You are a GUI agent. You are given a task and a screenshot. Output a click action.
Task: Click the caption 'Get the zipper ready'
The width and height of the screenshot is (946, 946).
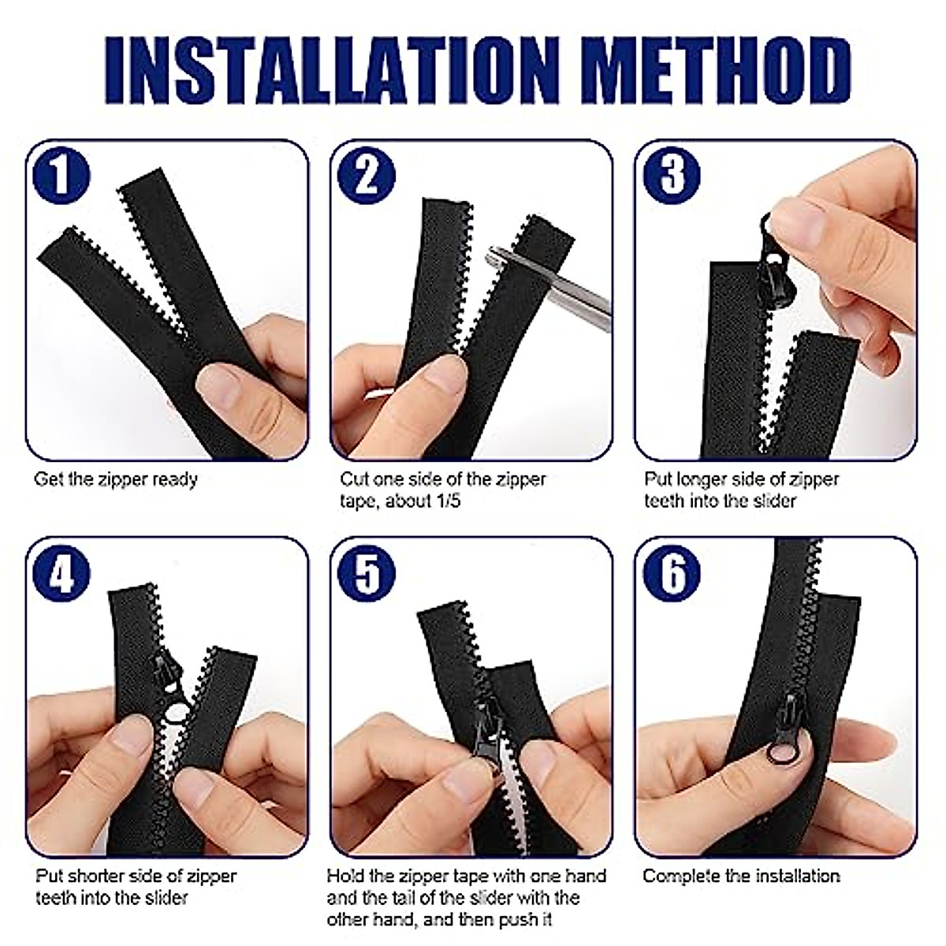point(116,479)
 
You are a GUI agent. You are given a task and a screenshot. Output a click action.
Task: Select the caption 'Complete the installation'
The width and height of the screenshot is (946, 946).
point(741,876)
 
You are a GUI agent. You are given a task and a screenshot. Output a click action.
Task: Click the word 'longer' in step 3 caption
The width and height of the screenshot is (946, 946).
point(702,479)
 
